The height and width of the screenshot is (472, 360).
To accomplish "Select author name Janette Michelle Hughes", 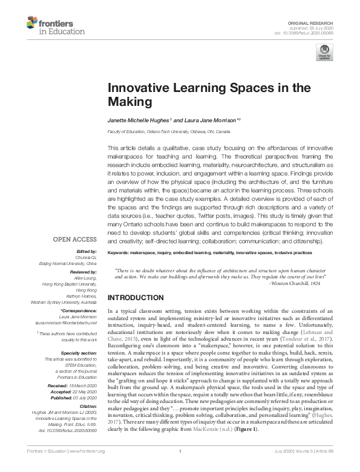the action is coord(141,120).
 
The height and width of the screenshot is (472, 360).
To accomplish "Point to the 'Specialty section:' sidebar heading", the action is coord(80,353).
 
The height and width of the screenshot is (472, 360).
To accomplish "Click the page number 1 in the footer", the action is coord(180,468).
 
